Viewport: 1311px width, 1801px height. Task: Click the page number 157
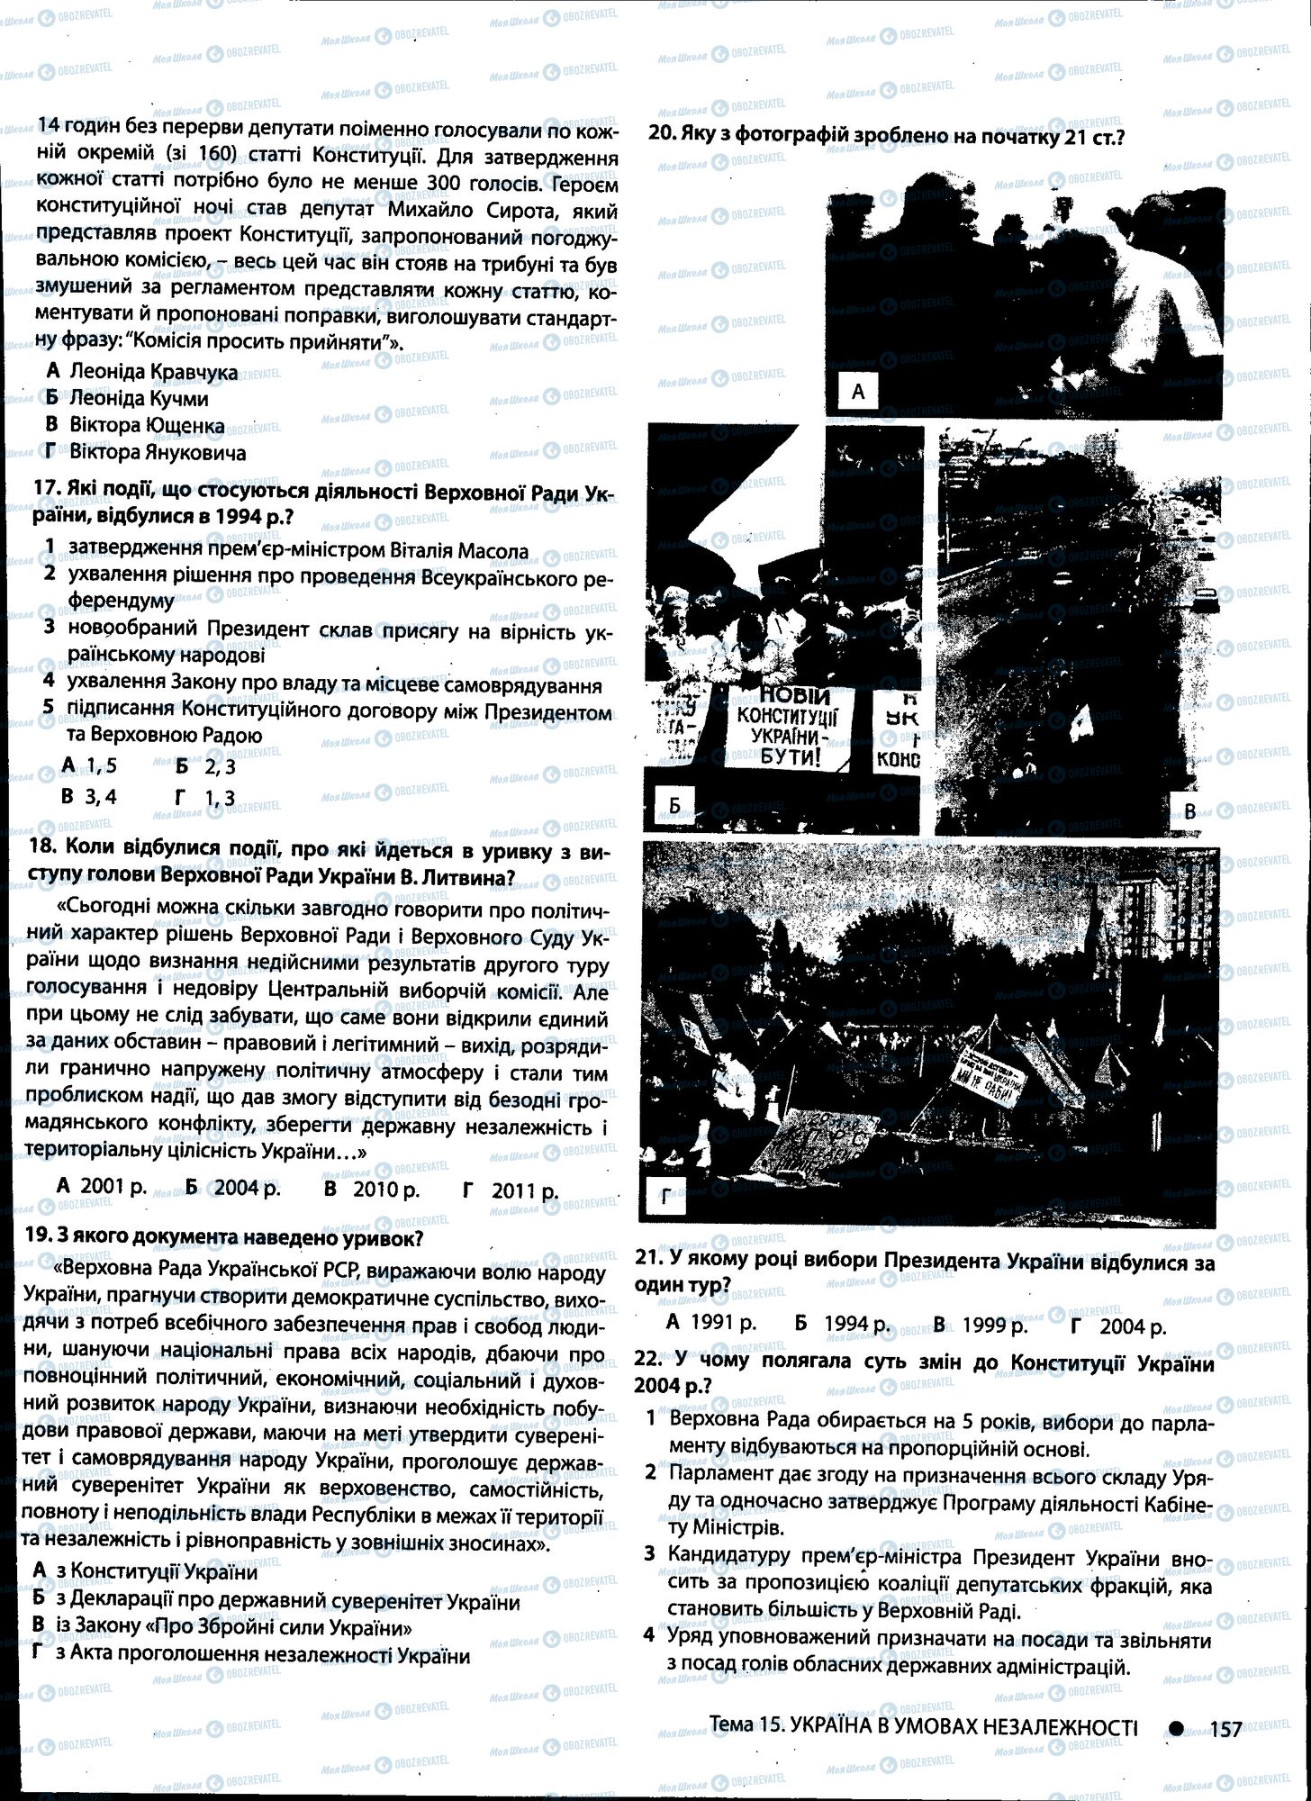[1226, 1728]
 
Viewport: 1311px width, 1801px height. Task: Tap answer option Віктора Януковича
[158, 452]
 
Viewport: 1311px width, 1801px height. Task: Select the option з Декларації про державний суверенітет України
[288, 1602]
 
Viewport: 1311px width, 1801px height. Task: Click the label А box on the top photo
[857, 391]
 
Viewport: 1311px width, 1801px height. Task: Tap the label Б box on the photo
[674, 805]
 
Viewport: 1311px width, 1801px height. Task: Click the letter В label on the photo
[1189, 811]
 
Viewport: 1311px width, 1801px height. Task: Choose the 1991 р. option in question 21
[723, 1324]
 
